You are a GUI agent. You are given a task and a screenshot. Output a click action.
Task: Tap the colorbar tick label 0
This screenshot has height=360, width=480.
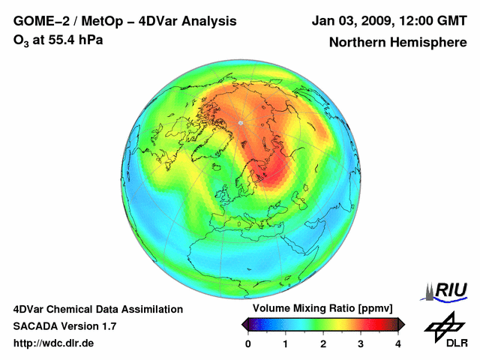(x=248, y=343)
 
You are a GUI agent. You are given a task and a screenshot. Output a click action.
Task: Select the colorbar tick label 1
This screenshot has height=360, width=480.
(x=286, y=343)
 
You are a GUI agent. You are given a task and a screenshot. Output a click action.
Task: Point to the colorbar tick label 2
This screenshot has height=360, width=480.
(x=323, y=343)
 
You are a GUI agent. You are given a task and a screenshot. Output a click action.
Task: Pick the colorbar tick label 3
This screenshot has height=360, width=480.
(x=361, y=343)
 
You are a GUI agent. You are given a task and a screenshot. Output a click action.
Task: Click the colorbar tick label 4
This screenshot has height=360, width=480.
(x=398, y=343)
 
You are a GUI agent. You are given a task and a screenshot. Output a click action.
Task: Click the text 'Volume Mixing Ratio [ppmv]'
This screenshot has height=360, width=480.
(x=322, y=309)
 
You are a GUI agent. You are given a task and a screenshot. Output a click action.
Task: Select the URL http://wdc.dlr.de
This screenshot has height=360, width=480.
(x=54, y=343)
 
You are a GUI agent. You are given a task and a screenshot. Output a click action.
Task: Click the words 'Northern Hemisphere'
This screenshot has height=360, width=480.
(x=397, y=43)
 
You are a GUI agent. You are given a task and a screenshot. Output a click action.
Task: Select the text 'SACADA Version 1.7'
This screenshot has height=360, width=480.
(x=64, y=326)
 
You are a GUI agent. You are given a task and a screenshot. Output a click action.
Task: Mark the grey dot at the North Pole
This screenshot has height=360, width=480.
(x=240, y=122)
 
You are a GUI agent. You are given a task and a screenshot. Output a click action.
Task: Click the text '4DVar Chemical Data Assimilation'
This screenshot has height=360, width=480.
(x=97, y=309)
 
